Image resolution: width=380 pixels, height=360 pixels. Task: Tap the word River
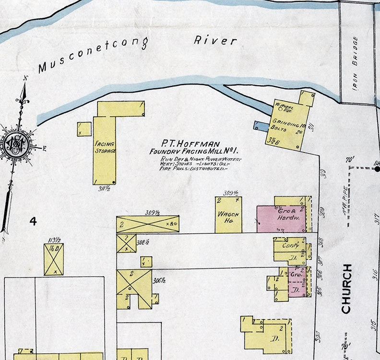[x=215, y=40]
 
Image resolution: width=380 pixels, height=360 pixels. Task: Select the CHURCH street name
[x=346, y=288]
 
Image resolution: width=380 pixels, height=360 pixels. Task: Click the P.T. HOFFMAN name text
[x=190, y=144]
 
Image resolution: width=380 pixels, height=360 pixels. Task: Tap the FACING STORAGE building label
[x=105, y=147]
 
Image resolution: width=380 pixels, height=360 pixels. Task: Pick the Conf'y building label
[x=290, y=245]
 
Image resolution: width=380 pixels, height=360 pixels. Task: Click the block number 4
[x=33, y=221]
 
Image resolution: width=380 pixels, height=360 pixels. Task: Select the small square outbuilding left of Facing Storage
[x=84, y=129]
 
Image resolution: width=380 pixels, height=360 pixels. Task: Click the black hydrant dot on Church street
[x=377, y=168]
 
